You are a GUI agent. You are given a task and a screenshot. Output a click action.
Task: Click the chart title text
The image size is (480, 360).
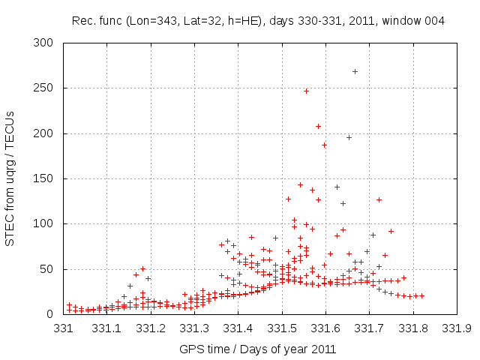pos(258,20)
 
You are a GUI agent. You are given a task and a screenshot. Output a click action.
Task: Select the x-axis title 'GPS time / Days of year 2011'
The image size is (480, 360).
pos(258,349)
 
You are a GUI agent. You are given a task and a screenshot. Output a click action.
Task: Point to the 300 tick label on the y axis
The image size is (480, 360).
pos(47,43)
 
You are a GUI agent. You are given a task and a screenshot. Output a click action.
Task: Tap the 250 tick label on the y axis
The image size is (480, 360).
pos(47,88)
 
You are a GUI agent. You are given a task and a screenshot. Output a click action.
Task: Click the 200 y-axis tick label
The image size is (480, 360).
pos(47,133)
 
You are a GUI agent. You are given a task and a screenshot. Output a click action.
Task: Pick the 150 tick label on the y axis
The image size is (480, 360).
pos(47,179)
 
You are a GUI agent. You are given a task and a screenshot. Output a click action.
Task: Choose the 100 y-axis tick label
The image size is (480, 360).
pos(47,224)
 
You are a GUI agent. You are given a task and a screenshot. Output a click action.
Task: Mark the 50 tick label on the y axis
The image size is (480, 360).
pos(50,269)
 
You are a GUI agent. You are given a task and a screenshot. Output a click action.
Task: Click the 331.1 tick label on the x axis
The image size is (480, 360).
pos(107,328)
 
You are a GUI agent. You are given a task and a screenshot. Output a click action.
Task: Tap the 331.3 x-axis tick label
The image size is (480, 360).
pos(194,328)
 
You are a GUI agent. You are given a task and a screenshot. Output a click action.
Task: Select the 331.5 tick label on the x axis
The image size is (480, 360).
pos(282,328)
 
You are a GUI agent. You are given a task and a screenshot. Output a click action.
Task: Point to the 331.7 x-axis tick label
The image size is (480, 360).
pos(369,328)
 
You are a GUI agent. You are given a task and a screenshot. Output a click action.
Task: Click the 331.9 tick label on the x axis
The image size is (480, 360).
pos(456,328)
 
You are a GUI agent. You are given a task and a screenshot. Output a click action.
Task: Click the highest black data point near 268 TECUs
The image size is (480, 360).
pos(355,72)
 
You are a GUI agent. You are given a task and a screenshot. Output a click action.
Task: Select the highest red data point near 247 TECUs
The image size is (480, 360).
pos(306,91)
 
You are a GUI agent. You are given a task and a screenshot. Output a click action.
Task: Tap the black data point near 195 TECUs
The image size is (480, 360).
pos(349,137)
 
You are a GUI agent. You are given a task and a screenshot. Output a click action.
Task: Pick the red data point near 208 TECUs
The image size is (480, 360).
pos(318,126)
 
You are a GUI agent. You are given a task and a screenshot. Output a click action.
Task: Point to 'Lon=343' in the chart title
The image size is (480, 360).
pos(149,20)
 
